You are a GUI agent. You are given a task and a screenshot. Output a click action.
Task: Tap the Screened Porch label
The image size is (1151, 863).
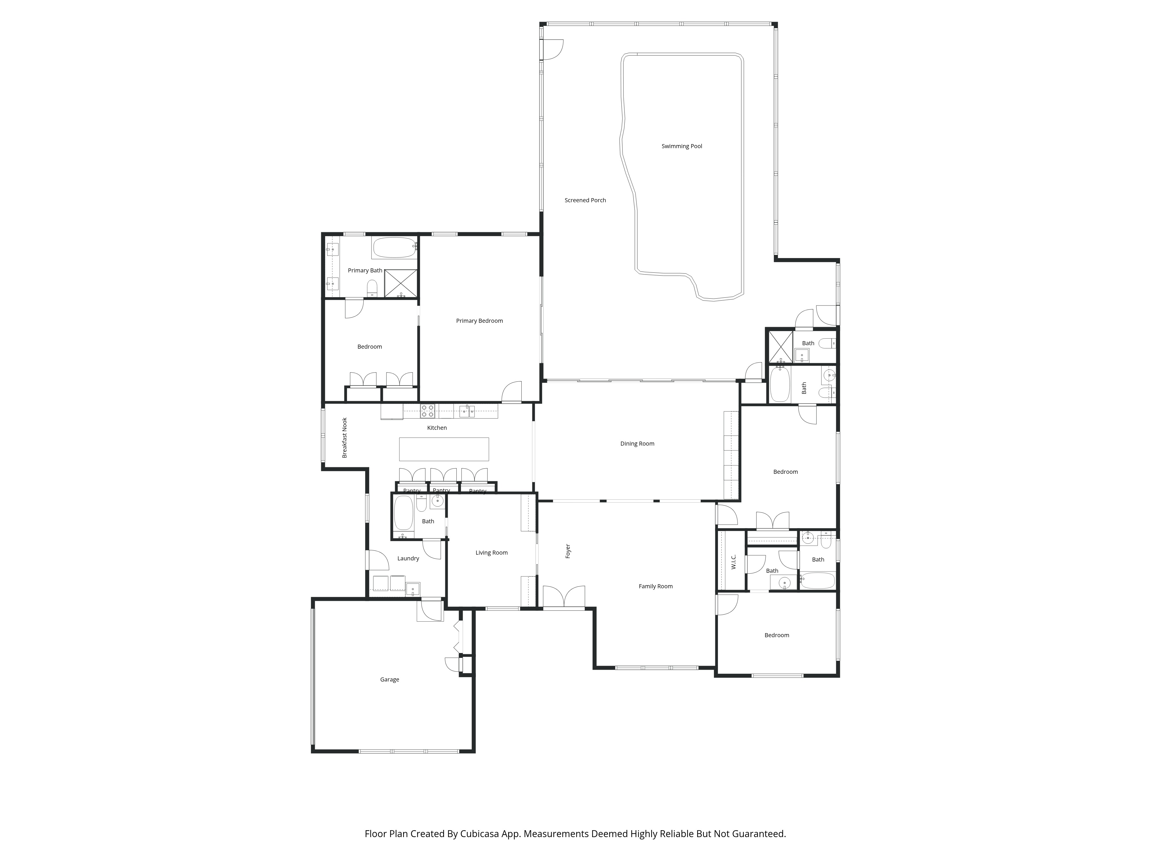[x=585, y=200]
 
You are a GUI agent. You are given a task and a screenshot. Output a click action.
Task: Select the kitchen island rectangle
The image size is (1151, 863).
[x=443, y=449]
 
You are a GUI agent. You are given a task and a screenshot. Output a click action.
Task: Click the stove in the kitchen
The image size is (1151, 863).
[x=427, y=411]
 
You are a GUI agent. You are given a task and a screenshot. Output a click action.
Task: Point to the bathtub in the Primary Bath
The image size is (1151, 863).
[x=395, y=248]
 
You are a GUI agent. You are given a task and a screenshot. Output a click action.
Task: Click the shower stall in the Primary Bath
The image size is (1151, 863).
[x=400, y=284]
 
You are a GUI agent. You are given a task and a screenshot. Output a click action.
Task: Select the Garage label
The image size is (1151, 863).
[x=389, y=679]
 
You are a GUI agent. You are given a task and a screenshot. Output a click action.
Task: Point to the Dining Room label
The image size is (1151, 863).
[x=637, y=444]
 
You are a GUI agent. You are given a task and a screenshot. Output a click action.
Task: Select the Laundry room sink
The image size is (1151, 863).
[x=413, y=588]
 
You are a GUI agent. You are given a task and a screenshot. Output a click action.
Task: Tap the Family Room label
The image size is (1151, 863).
[x=655, y=586]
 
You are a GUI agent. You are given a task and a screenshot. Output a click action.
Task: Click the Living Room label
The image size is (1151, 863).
[x=491, y=552]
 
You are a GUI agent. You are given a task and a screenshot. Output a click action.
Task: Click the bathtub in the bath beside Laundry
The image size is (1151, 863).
[x=403, y=512]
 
